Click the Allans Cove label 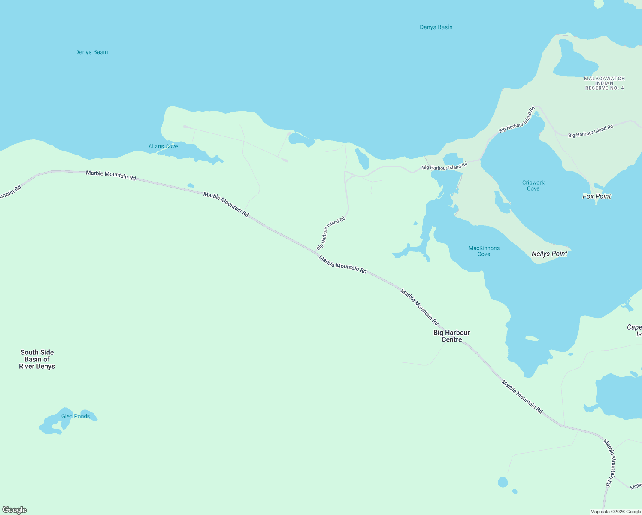(163, 146)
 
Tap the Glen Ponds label (76, 416)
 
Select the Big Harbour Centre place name (451, 336)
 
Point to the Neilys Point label (549, 254)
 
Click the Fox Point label (597, 196)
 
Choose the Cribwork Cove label (533, 185)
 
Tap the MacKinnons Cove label (484, 251)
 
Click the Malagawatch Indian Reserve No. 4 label (604, 83)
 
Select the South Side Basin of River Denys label (37, 359)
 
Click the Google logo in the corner (15, 510)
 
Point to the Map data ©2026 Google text (615, 512)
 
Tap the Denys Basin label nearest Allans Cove (91, 52)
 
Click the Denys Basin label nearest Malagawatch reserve (436, 27)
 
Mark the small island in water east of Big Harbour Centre (532, 339)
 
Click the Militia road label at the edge (636, 486)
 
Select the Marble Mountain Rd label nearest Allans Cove (111, 176)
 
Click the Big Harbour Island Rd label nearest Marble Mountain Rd (330, 233)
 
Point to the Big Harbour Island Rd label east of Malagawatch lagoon (591, 131)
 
